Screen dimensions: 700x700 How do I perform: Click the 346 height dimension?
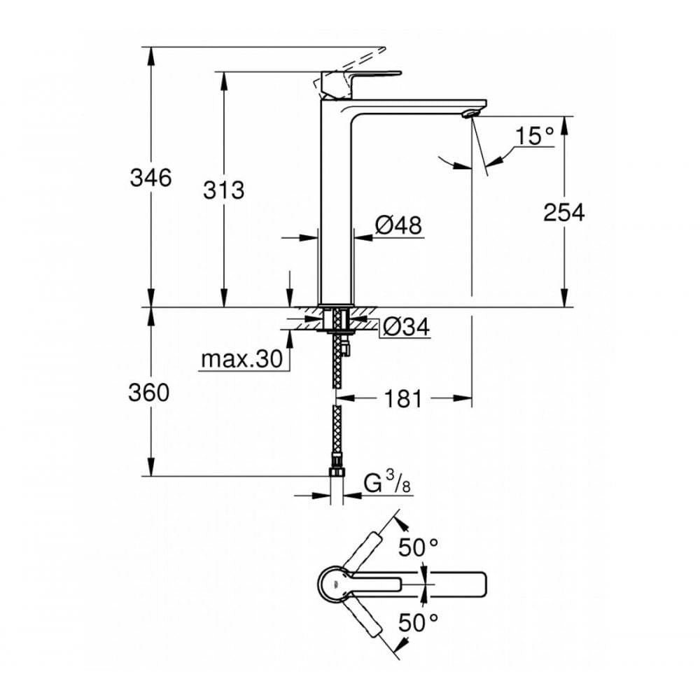click(150, 178)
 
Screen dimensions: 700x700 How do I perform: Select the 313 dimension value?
click(225, 190)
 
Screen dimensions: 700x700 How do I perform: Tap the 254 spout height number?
click(563, 212)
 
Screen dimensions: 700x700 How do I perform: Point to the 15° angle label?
click(536, 136)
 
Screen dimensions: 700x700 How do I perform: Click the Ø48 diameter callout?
click(398, 225)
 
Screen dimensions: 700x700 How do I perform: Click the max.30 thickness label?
click(241, 359)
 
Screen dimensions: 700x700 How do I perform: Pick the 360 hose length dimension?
click(148, 393)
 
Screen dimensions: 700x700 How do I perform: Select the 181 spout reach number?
click(402, 399)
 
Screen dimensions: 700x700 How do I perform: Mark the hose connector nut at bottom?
click(337, 470)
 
